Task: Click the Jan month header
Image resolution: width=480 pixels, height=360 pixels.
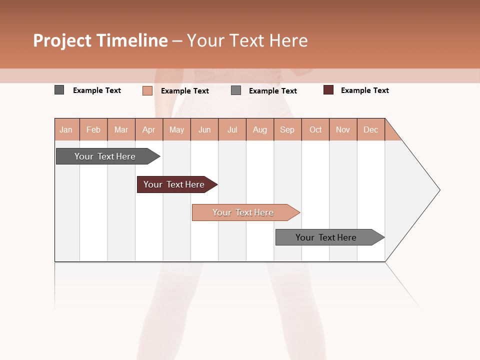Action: pyautogui.click(x=66, y=130)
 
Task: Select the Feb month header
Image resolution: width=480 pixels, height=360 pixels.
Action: pyautogui.click(x=93, y=130)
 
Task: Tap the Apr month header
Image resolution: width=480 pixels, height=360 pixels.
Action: pyautogui.click(x=149, y=130)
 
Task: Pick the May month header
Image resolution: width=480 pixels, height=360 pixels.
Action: pyautogui.click(x=176, y=130)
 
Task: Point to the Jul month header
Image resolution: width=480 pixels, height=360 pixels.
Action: pyautogui.click(x=232, y=130)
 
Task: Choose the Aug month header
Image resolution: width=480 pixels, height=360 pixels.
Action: pyautogui.click(x=260, y=130)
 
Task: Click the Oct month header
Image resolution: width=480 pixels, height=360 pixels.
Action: pyautogui.click(x=315, y=130)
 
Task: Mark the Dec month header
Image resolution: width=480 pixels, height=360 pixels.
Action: pyautogui.click(x=370, y=130)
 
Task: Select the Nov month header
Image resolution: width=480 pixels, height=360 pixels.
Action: pyautogui.click(x=343, y=130)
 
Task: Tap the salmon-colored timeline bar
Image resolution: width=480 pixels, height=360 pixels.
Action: pyautogui.click(x=243, y=212)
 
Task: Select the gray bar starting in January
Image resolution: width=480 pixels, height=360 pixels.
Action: pyautogui.click(x=105, y=156)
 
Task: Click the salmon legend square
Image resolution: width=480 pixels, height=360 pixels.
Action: pyautogui.click(x=147, y=90)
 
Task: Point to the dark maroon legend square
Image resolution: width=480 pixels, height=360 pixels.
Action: pyautogui.click(x=328, y=90)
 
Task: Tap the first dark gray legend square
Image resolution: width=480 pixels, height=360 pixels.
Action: pyautogui.click(x=59, y=90)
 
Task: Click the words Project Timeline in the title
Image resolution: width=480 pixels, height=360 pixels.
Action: pyautogui.click(x=100, y=40)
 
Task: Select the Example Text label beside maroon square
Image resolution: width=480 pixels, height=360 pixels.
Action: pyautogui.click(x=364, y=90)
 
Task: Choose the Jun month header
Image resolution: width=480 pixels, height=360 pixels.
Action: pyautogui.click(x=204, y=130)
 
